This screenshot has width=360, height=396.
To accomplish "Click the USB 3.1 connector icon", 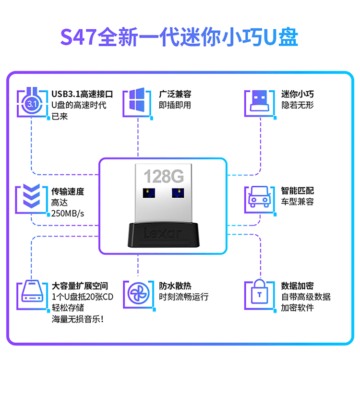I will tap(32, 103).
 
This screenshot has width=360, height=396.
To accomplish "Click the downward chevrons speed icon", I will tap(31, 198).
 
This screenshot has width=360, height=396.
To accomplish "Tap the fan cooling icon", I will tap(137, 293).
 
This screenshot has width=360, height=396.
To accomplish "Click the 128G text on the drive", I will tap(164, 176).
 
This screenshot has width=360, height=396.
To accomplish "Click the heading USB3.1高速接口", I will tap(82, 94).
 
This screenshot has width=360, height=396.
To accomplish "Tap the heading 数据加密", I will tap(298, 286).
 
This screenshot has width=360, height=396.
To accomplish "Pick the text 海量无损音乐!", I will tap(78, 319).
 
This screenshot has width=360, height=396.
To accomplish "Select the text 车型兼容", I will tap(298, 202).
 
